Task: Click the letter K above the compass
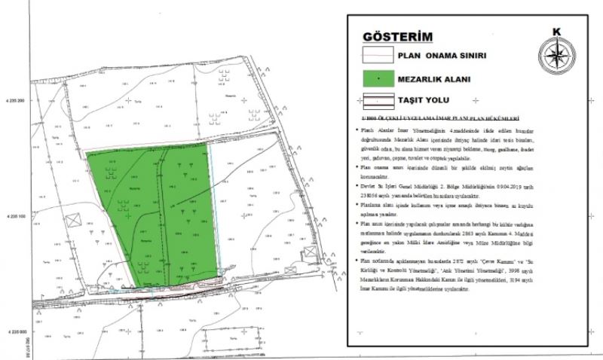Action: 556,32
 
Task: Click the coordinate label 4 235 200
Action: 16,100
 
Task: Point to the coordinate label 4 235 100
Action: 16,216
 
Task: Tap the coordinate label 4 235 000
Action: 16,331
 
